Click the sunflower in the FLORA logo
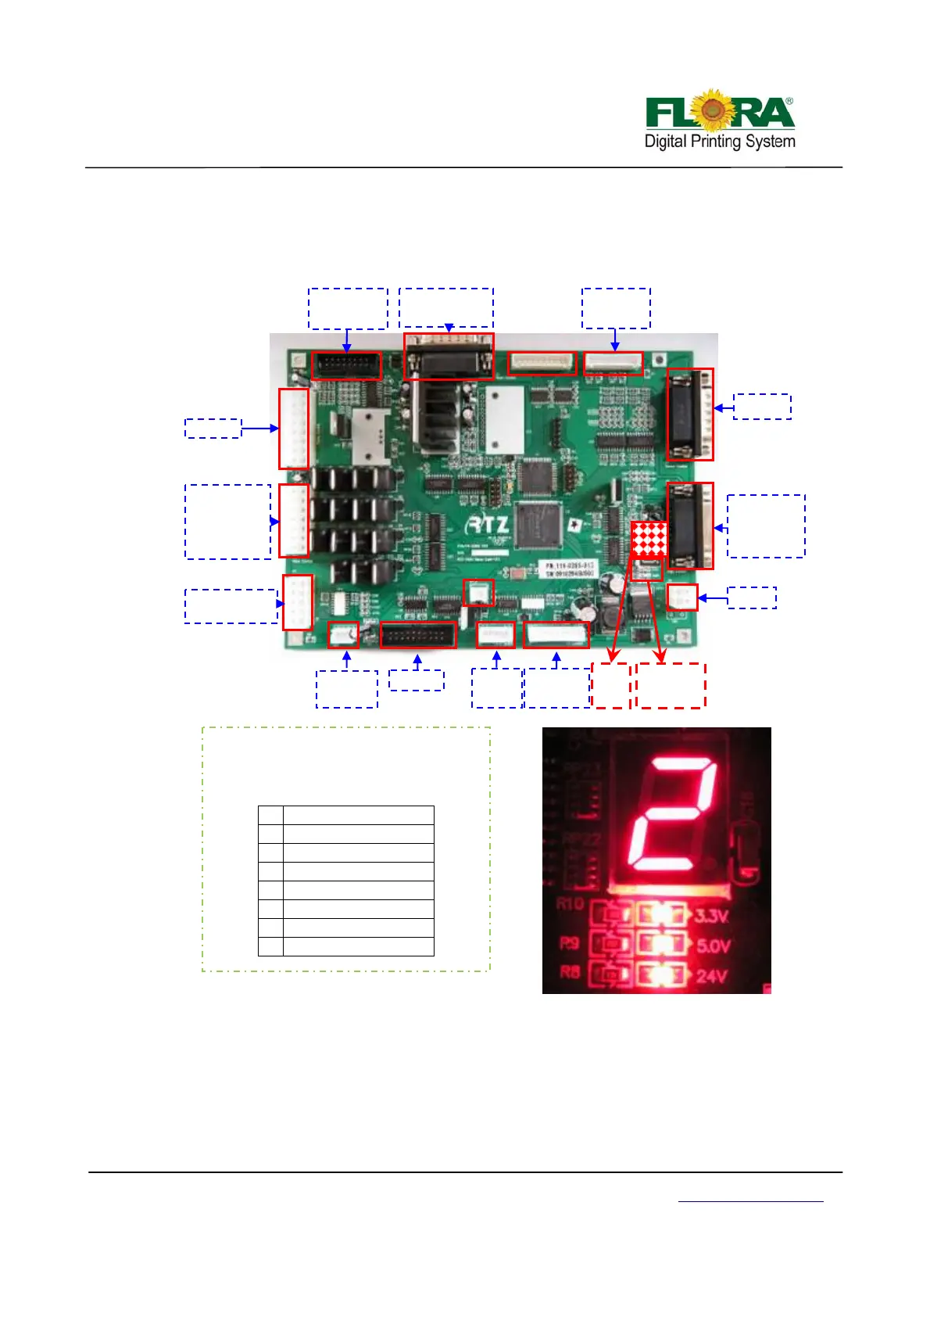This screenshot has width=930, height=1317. (711, 110)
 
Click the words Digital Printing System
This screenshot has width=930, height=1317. (720, 142)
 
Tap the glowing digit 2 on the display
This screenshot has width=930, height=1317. (673, 813)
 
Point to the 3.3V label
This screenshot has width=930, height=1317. (711, 916)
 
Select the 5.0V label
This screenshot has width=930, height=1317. (712, 946)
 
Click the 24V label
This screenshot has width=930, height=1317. (711, 976)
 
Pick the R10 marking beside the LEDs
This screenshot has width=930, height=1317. (570, 904)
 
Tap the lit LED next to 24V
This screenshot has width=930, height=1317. (661, 975)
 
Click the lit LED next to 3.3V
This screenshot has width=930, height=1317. (661, 915)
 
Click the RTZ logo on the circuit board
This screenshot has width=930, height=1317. (489, 525)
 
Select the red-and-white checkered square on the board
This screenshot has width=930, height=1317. (649, 539)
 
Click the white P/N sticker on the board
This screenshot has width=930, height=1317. (570, 569)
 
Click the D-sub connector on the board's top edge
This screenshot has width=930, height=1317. (449, 357)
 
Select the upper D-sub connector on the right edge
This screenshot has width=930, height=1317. (690, 414)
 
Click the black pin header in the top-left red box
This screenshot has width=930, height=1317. (346, 365)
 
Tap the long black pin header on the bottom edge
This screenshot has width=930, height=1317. (418, 635)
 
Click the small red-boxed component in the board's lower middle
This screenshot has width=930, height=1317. (478, 593)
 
